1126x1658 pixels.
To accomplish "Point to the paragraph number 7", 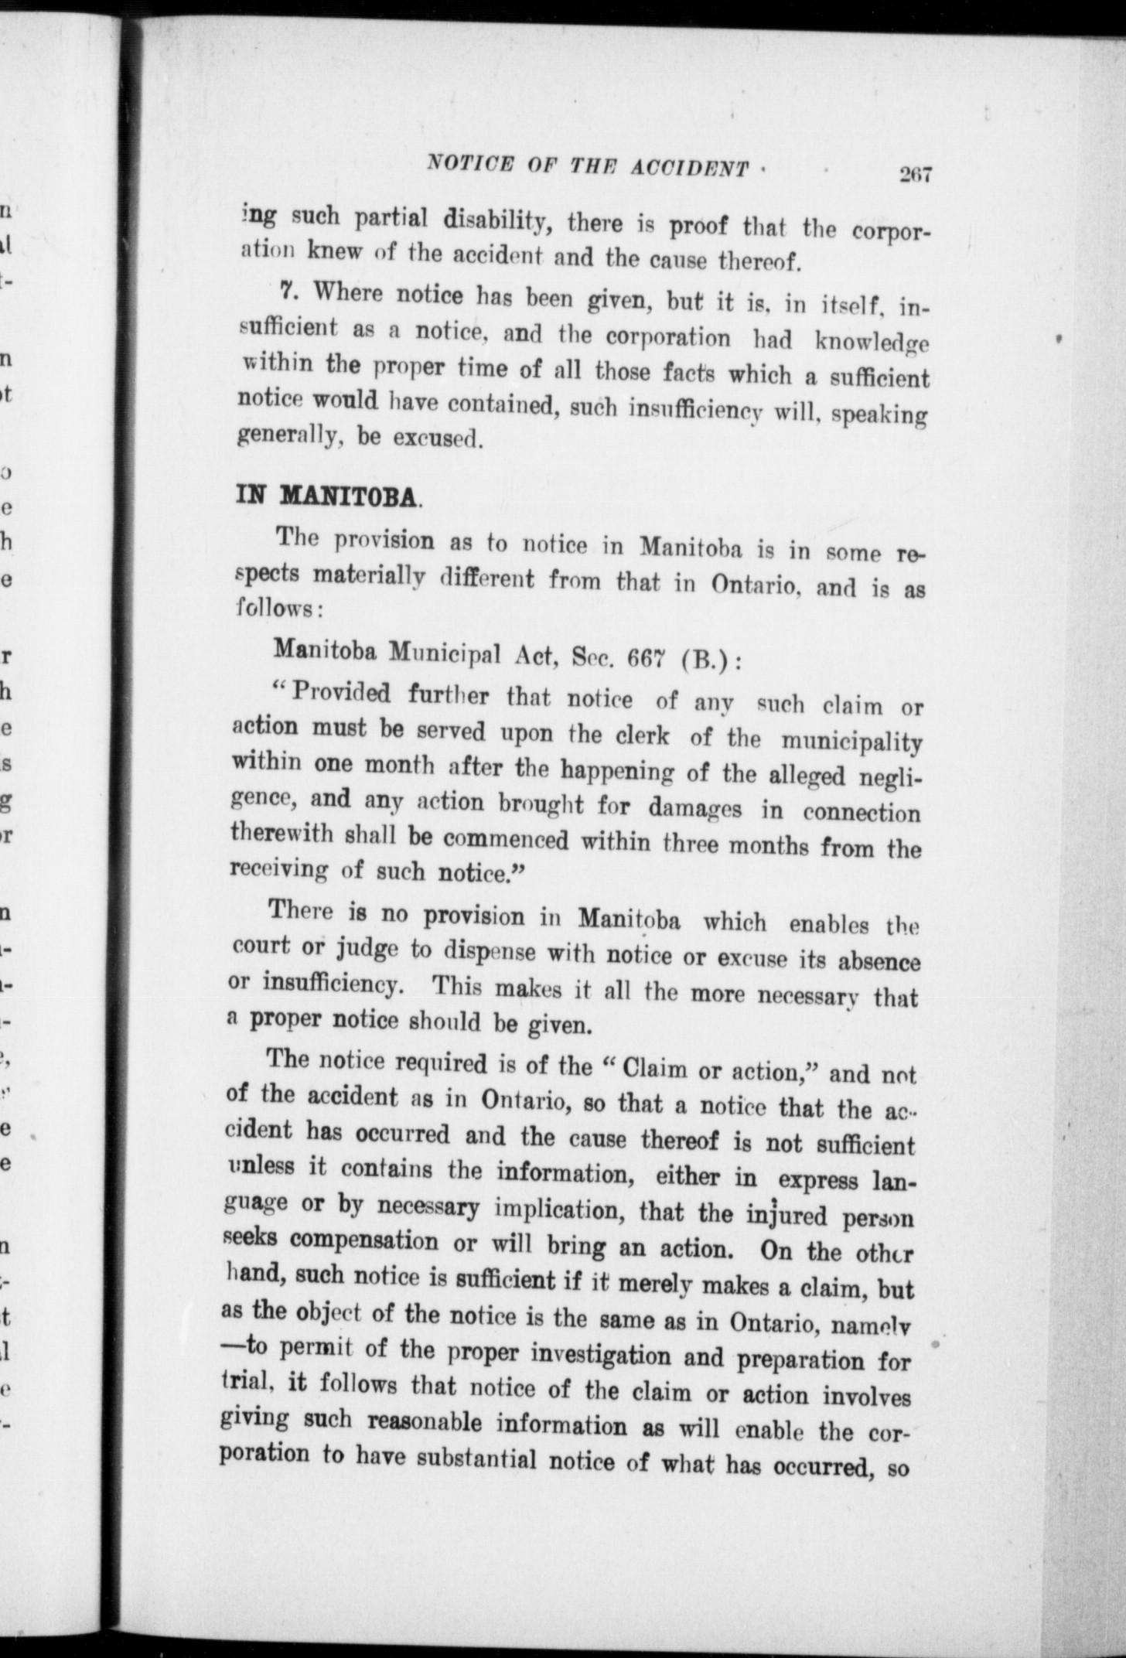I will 288,292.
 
